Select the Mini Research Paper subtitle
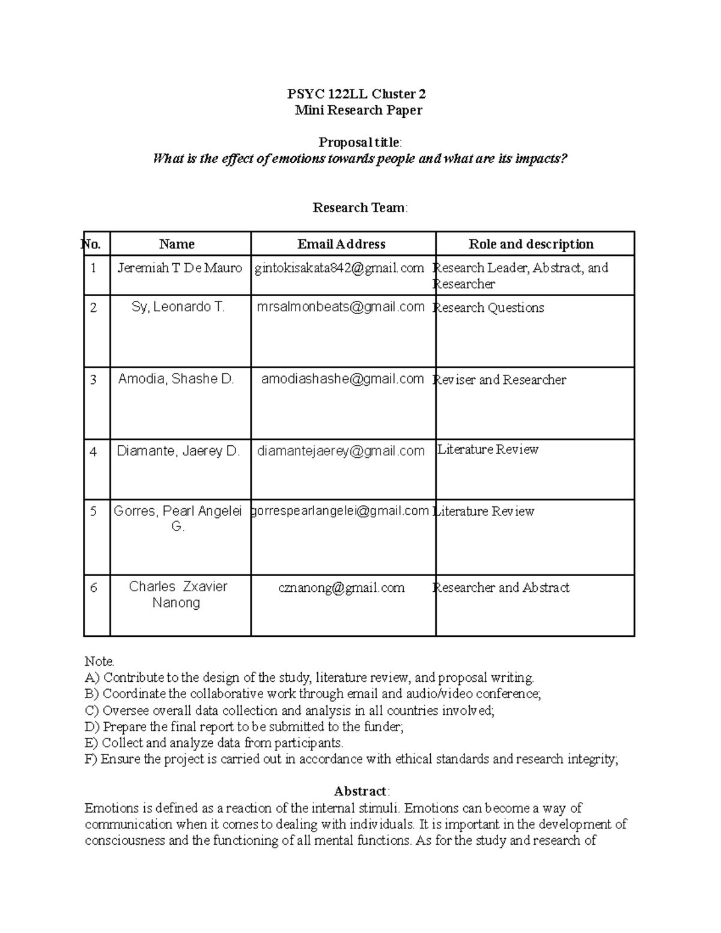(x=358, y=110)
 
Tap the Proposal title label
(x=359, y=142)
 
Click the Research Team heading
(x=359, y=208)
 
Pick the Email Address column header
(x=341, y=244)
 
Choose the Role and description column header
(x=531, y=244)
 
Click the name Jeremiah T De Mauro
(x=180, y=268)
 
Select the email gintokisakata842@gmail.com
(x=339, y=268)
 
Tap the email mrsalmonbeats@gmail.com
(x=341, y=307)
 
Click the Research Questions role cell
(x=489, y=308)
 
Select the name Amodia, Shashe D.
(x=176, y=379)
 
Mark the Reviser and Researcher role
(x=500, y=380)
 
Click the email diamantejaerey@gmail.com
(x=341, y=451)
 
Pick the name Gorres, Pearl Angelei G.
(x=178, y=518)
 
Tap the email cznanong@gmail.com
(x=341, y=588)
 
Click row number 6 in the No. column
(x=93, y=588)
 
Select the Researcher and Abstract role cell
(x=502, y=588)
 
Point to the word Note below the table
(x=99, y=661)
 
